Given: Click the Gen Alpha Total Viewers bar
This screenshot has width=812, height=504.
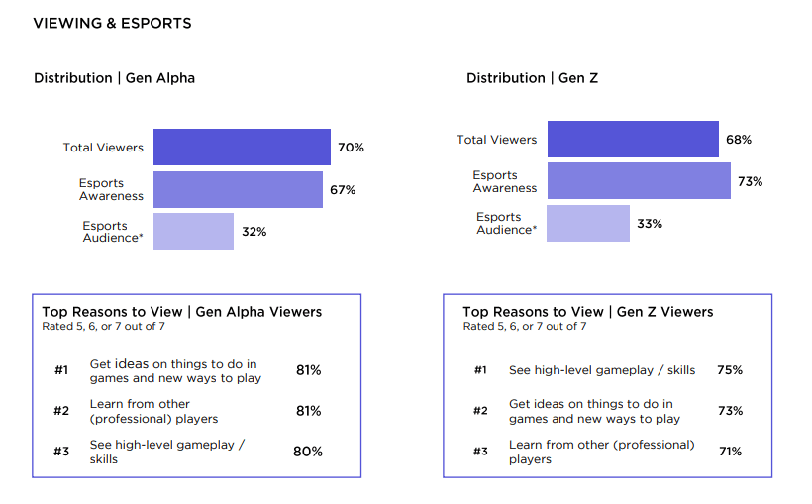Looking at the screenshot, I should tap(242, 147).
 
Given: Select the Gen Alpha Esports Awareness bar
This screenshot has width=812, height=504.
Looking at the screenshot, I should tap(238, 189).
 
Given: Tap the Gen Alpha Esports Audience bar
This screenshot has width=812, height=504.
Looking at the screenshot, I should tap(193, 231).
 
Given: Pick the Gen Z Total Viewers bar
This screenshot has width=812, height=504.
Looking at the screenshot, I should tap(633, 140).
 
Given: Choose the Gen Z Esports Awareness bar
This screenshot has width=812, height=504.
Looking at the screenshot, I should tap(639, 181).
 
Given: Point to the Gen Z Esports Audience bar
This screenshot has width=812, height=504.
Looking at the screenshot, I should tap(587, 223).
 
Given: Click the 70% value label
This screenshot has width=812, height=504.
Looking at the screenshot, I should tap(351, 148).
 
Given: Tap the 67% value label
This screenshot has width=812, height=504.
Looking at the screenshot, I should tap(343, 189).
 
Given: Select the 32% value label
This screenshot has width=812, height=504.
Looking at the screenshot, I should tap(254, 232).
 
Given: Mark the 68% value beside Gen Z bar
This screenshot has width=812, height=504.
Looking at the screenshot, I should tap(739, 140).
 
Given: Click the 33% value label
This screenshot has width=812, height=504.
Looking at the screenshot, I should tap(650, 224).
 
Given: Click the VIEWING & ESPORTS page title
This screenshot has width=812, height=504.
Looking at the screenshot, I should tap(113, 23).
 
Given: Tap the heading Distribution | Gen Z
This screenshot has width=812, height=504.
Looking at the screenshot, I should tap(533, 78).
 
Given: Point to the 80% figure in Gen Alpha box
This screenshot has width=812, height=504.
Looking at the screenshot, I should tap(308, 452).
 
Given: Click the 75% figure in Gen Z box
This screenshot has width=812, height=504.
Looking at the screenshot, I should tap(730, 370).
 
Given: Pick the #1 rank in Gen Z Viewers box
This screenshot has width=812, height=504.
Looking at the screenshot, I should tap(480, 370).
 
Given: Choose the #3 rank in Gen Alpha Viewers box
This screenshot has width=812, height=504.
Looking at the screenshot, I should tap(61, 452).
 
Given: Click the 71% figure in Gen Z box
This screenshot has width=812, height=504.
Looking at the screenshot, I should tap(730, 452).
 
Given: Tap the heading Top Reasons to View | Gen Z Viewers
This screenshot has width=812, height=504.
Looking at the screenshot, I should tap(587, 312).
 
